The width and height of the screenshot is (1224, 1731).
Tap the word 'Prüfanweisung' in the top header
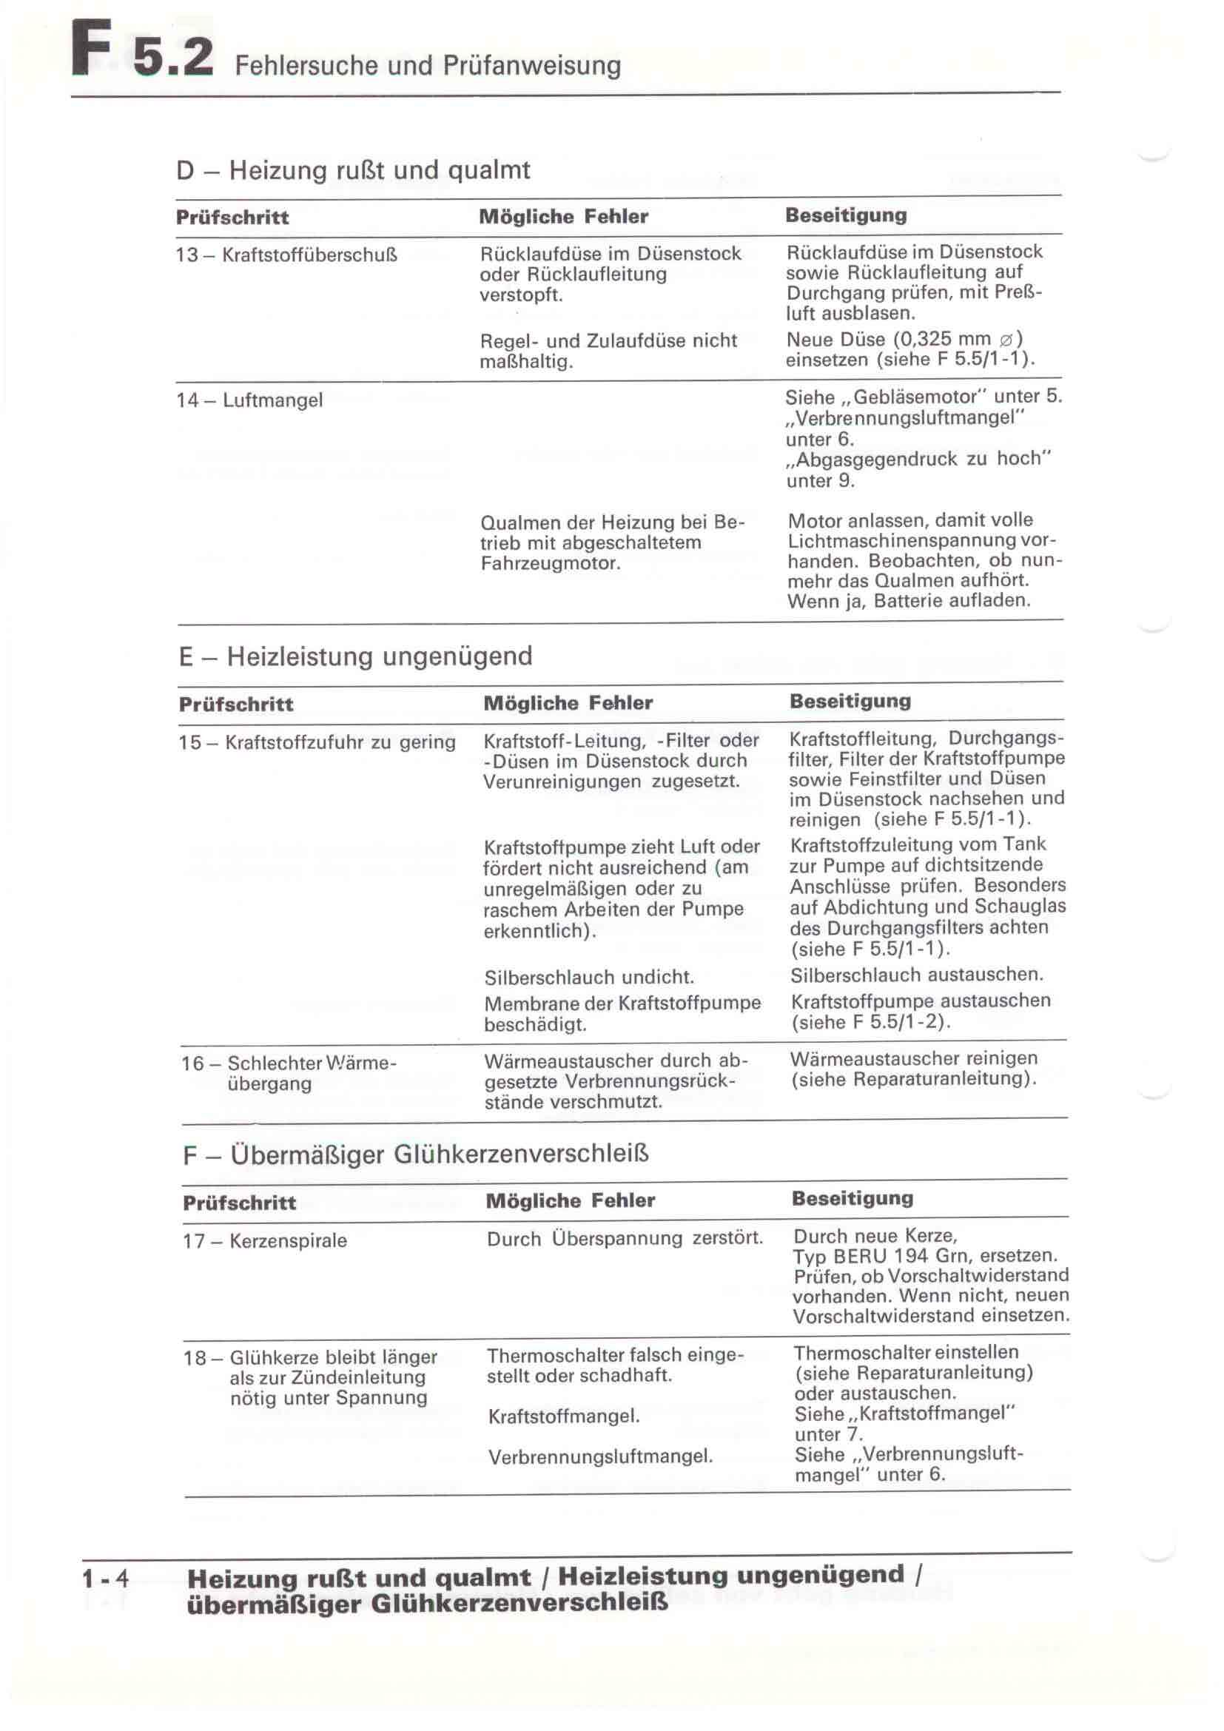(x=531, y=67)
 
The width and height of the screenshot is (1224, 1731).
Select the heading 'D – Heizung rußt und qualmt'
(x=353, y=170)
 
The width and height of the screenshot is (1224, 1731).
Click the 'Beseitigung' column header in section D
(x=846, y=215)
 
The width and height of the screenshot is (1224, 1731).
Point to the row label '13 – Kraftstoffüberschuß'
(x=286, y=255)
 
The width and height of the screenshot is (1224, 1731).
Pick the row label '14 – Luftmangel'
(x=249, y=400)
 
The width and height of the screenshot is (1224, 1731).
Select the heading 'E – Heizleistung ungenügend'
(x=356, y=656)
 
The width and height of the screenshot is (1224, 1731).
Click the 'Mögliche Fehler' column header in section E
(x=568, y=703)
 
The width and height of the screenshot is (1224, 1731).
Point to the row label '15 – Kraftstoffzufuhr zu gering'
(x=317, y=742)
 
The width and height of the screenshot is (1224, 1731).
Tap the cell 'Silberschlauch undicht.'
(x=588, y=977)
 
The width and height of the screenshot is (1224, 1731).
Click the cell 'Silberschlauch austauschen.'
(x=916, y=975)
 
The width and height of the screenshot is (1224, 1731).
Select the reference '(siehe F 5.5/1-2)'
(x=870, y=1022)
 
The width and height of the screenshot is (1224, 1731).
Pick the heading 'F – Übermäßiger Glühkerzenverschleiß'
(x=415, y=1155)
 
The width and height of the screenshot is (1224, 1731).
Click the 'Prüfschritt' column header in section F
(x=240, y=1203)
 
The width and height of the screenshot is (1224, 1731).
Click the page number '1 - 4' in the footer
(x=106, y=1578)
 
